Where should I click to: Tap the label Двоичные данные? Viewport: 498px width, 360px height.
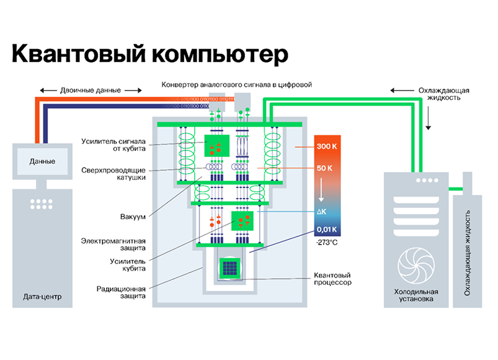[x=92, y=89]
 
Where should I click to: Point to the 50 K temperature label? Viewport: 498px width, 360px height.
[x=324, y=168]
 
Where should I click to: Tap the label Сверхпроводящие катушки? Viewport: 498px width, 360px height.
[x=122, y=173]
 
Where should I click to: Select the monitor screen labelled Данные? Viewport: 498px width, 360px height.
[x=42, y=161]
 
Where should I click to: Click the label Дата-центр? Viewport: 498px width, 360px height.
[x=42, y=296]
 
